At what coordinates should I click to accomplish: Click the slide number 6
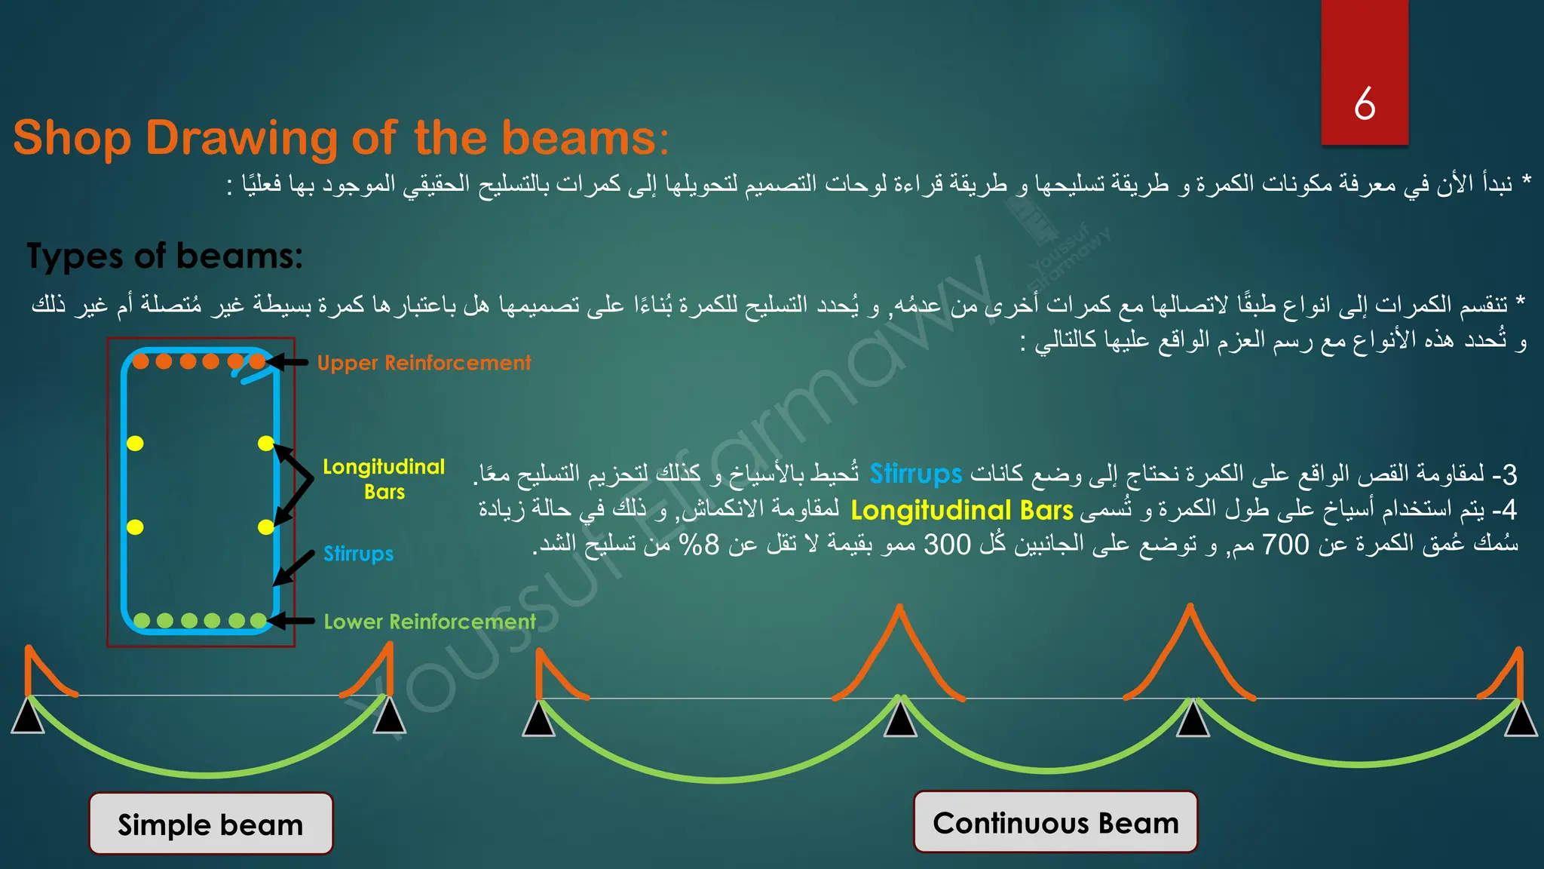[x=1365, y=104]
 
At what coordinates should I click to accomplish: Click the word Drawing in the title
[x=241, y=138]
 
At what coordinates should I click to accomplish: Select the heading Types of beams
[x=164, y=256]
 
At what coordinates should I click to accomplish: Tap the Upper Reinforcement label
[x=424, y=363]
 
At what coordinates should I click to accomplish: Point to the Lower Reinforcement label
[x=430, y=622]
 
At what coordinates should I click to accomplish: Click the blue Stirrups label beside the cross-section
[x=358, y=554]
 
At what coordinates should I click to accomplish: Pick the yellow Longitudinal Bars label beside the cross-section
[x=384, y=479]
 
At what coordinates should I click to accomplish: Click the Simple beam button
[x=210, y=824]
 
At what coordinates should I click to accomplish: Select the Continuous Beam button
[x=1055, y=822]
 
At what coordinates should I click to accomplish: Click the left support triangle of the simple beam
[x=28, y=717]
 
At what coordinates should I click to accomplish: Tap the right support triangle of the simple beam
[x=389, y=717]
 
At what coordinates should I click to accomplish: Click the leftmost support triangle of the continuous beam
[x=539, y=719]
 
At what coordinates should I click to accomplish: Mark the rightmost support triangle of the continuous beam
[x=1521, y=719]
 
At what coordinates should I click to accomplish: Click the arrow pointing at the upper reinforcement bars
[x=287, y=363]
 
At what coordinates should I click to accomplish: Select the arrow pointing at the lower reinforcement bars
[x=291, y=621]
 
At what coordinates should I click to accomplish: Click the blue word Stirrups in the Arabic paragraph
[x=915, y=474]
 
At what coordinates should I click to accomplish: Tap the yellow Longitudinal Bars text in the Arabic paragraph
[x=961, y=511]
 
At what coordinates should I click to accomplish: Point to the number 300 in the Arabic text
[x=947, y=544]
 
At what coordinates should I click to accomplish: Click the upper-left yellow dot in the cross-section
[x=135, y=444]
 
